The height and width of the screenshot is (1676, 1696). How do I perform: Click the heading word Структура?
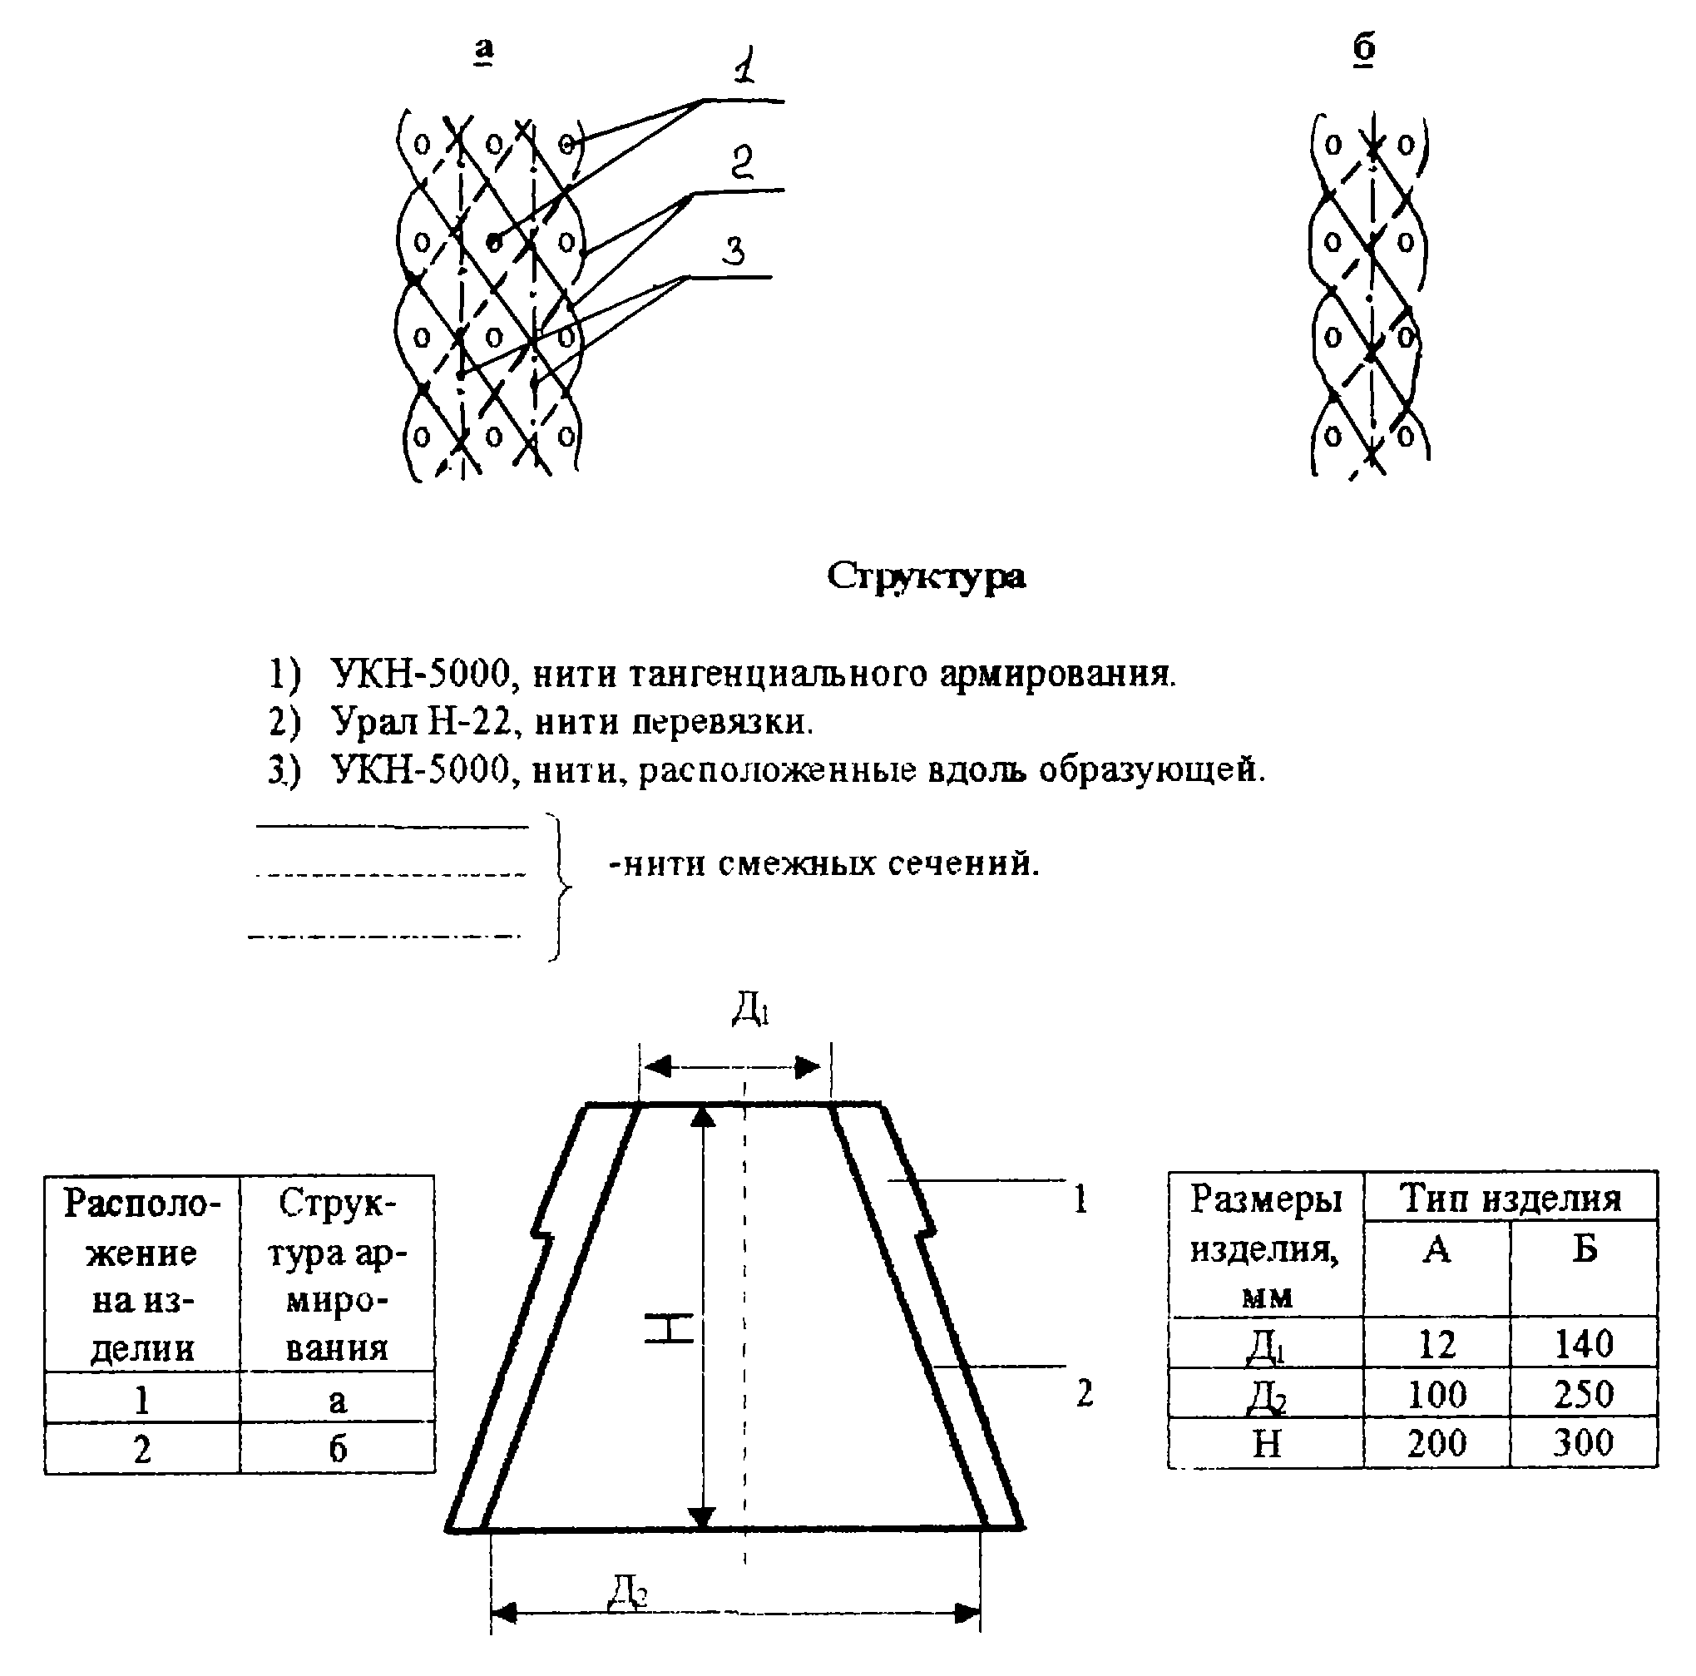click(x=925, y=576)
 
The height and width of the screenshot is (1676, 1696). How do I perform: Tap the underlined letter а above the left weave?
click(x=484, y=49)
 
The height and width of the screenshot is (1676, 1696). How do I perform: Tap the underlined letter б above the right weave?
click(x=1363, y=47)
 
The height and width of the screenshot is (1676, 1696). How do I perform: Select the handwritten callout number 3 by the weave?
click(x=734, y=251)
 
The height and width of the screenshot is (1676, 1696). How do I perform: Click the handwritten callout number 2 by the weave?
click(x=742, y=161)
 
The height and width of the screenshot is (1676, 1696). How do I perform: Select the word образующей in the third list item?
click(x=1151, y=770)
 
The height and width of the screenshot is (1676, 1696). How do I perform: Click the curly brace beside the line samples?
click(x=558, y=887)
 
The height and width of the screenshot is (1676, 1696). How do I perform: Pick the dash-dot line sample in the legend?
click(x=384, y=937)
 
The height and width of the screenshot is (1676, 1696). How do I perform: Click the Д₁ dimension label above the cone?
click(x=750, y=1009)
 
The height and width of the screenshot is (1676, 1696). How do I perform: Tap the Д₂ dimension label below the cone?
click(x=629, y=1589)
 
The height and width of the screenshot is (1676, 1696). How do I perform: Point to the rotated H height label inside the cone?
click(x=669, y=1327)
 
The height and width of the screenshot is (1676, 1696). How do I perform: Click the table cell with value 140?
click(x=1583, y=1344)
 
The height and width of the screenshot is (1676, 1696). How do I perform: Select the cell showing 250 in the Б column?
click(x=1583, y=1393)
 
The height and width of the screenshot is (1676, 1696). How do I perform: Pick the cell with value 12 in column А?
click(x=1436, y=1344)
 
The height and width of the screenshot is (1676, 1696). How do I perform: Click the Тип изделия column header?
click(x=1510, y=1198)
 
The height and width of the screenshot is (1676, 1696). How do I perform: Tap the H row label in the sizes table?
click(x=1266, y=1442)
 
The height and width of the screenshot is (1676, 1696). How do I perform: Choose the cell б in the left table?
click(x=337, y=1448)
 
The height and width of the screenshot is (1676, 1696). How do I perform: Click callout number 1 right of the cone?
click(x=1080, y=1199)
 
